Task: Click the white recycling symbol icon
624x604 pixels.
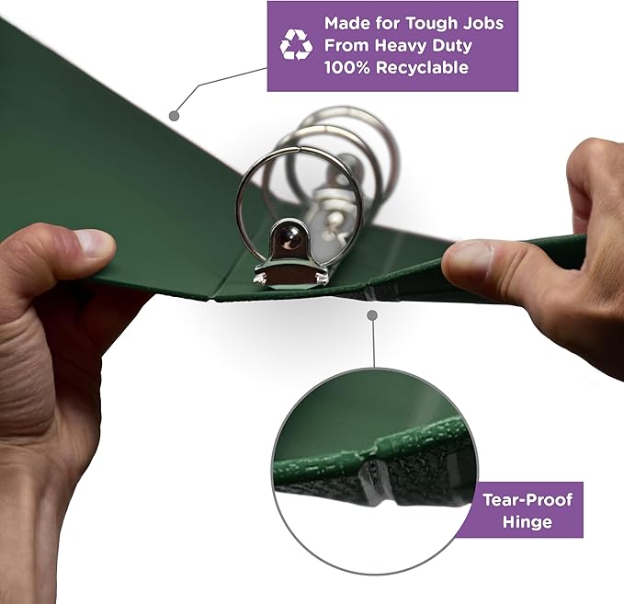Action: click(x=296, y=45)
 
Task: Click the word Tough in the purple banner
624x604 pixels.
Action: click(x=431, y=23)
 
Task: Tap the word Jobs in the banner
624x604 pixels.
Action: click(x=483, y=23)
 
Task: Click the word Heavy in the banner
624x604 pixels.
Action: click(x=401, y=46)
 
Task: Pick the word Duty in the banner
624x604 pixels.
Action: click(x=451, y=46)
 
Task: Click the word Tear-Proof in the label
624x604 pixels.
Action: click(x=528, y=499)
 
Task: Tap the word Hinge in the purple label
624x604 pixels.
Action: click(x=527, y=521)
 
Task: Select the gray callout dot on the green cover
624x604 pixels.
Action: click(x=175, y=116)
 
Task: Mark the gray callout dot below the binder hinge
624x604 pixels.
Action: click(x=372, y=315)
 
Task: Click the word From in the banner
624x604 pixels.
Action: click(x=346, y=45)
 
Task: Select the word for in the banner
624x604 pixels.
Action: click(x=386, y=23)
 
